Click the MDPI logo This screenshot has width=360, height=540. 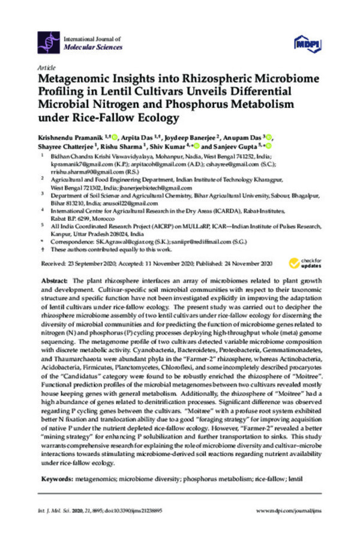coord(305,43)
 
